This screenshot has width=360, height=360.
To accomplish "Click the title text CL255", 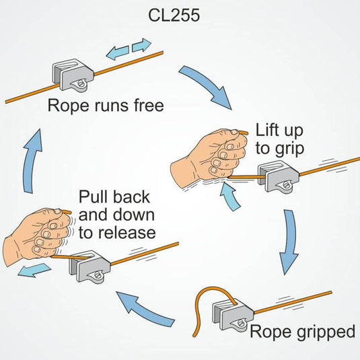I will [180, 15].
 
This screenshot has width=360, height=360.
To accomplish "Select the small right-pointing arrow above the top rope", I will [141, 45].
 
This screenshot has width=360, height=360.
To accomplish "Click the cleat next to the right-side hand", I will [276, 174].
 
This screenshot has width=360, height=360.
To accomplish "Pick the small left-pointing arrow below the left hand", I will [34, 271].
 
